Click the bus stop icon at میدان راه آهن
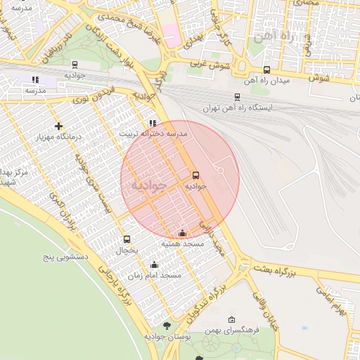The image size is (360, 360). pyautogui.click(x=266, y=70)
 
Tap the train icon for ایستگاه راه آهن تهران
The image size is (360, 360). pyautogui.click(x=237, y=98)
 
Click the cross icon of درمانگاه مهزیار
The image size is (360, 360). pyautogui.click(x=58, y=126)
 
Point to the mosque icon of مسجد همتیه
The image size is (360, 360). pyautogui.click(x=183, y=233)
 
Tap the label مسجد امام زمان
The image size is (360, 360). pyautogui.click(x=161, y=275)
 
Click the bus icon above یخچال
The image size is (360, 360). pyautogui.click(x=127, y=239)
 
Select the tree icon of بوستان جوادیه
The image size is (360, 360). pyautogui.click(x=167, y=326)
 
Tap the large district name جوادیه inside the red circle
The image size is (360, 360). pyautogui.click(x=148, y=186)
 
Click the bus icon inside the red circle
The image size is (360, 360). pyautogui.click(x=195, y=175)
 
